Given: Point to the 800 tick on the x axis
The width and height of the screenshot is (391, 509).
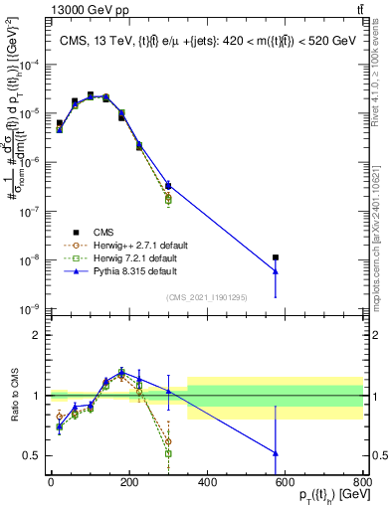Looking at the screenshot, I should tap(363, 482).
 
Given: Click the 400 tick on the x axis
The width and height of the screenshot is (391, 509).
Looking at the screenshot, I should tap(207, 482).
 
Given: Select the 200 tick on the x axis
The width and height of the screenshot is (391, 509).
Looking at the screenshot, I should tap(128, 482).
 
